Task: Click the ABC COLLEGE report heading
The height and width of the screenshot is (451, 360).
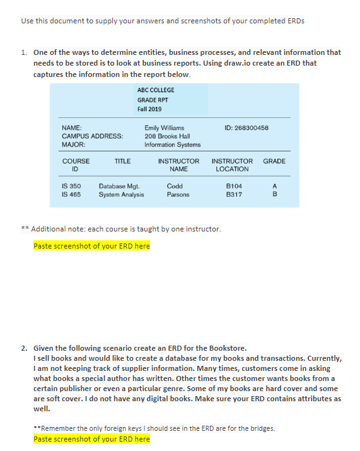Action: pos(156,90)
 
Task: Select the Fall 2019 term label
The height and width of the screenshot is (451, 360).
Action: pos(149,109)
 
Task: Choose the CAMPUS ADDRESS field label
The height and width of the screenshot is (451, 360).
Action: pos(92,136)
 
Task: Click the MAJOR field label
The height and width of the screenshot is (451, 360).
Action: pos(73,144)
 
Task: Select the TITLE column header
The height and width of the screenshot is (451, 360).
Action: pos(122,161)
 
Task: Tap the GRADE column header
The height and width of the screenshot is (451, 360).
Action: pos(274,161)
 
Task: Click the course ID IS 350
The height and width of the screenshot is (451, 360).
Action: pos(71,187)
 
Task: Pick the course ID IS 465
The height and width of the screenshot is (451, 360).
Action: pos(71,195)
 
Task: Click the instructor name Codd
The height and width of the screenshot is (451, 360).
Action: pos(175,187)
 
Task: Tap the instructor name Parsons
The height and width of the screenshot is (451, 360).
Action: pos(178,195)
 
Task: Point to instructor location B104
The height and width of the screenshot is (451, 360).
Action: pos(234,187)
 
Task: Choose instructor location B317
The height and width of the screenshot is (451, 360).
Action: pos(234,195)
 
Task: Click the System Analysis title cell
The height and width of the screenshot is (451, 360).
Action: pos(121,195)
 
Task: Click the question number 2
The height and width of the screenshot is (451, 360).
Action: pos(23,348)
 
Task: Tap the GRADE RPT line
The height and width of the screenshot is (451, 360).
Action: pos(153,100)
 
